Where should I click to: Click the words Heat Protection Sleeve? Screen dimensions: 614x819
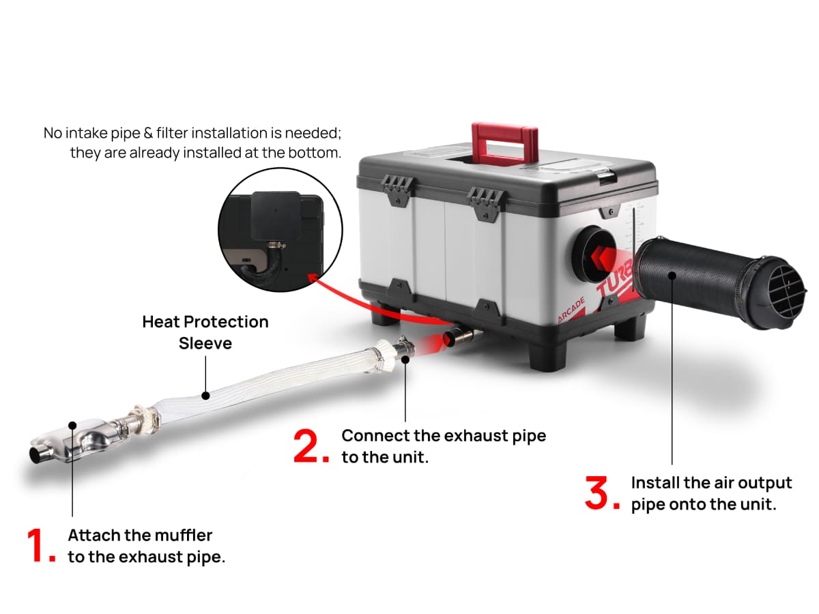[205, 332]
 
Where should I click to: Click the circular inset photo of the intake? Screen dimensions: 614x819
[270, 236]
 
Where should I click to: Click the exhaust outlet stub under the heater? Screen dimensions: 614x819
[459, 336]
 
